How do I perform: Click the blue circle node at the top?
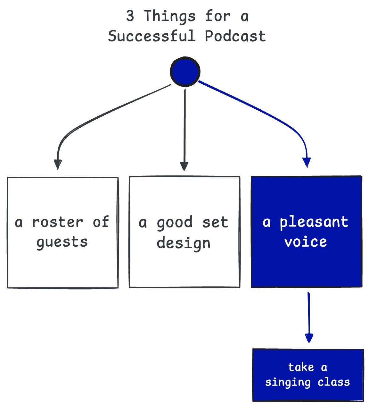pos(185,72)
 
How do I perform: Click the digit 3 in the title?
pos(130,16)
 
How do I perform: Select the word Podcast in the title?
pos(235,36)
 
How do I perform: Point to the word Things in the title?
pos(169,16)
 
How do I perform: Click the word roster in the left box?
pos(58,222)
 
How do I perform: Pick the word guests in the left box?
pos(62,242)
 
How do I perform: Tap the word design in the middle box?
pos(184,243)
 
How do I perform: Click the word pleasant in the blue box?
pos(314,222)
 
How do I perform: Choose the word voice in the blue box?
pos(306,242)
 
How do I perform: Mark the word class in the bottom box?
pos(334,382)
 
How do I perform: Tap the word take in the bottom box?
pos(301,367)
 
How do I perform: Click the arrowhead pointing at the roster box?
pos(58,164)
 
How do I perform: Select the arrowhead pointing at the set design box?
pos(184,166)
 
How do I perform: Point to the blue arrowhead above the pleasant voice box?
pos(307,162)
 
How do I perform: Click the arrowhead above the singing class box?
pos(309,338)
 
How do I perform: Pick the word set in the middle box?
pos(215,222)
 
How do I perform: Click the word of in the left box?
pos(101,222)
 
